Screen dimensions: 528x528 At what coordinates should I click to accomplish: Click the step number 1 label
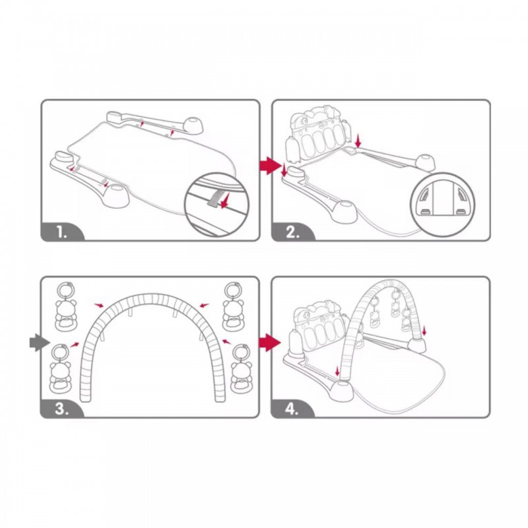61,232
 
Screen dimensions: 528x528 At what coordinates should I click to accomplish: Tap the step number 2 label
292,232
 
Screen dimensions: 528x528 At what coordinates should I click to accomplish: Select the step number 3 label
61,409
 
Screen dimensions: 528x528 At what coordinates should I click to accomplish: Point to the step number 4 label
292,409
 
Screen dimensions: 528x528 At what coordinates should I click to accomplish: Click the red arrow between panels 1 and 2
271,166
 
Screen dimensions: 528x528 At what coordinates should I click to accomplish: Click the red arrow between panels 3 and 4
270,343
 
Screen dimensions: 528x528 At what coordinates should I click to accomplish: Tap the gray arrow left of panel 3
40,343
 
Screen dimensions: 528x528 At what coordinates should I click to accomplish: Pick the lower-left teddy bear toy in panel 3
61,369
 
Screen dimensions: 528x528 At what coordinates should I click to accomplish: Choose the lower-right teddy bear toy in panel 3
242,369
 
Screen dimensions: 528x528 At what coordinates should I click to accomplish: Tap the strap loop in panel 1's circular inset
213,197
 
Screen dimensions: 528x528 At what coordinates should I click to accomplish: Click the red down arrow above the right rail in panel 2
358,140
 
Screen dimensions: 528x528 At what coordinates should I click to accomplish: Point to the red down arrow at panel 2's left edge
284,170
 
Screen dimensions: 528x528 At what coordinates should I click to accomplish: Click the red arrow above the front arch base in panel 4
337,372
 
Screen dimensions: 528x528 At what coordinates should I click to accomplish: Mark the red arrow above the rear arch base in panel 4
424,331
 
